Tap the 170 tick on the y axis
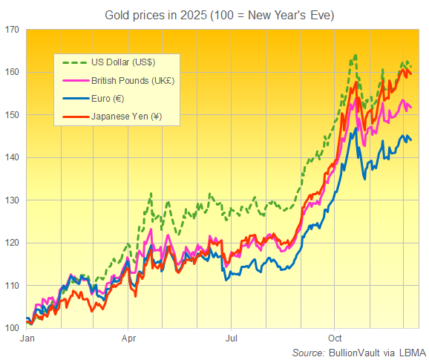pos(13,30)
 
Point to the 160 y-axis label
pos(13,72)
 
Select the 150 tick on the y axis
pos(13,115)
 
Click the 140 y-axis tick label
pos(13,157)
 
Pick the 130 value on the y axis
pos(13,200)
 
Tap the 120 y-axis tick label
pos(13,243)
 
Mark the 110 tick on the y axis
pos(13,286)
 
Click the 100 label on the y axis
pos(13,328)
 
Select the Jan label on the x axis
pos(27,337)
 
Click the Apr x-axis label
pos(128,337)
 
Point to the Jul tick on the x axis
pos(232,337)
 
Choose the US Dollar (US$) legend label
pos(124,61)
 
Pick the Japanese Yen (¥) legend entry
pos(126,117)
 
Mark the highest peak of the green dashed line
pos(356,55)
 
